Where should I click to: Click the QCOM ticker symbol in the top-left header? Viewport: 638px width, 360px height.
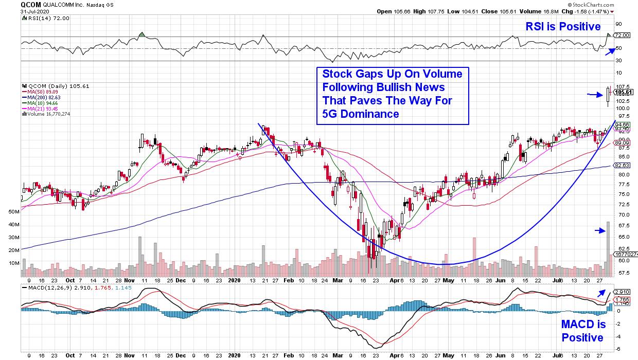pyautogui.click(x=30, y=5)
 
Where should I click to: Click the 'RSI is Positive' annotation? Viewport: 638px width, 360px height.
pyautogui.click(x=563, y=26)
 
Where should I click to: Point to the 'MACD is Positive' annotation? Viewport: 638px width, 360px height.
pyautogui.click(x=582, y=331)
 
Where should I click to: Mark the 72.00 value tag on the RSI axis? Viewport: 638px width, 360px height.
pyautogui.click(x=622, y=35)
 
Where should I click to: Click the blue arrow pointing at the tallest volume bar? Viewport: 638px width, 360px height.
pyautogui.click(x=599, y=231)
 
